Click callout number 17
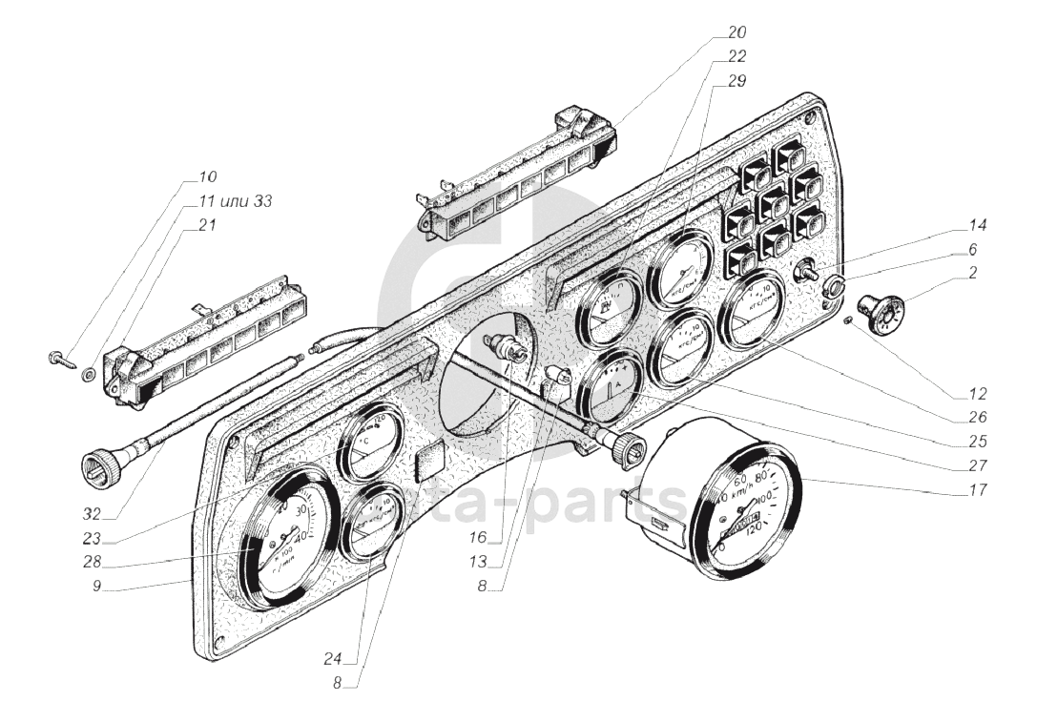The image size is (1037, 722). [975, 492]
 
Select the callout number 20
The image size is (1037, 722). [735, 32]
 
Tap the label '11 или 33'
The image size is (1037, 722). [235, 201]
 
